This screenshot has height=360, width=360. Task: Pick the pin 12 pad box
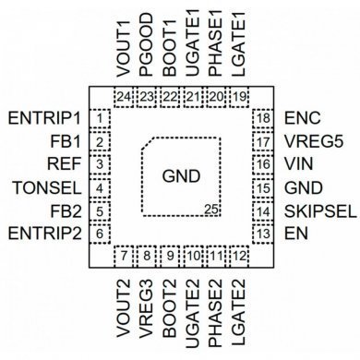tap(239, 256)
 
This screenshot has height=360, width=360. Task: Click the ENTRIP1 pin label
tap(44, 119)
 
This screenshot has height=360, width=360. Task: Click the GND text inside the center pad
tap(180, 175)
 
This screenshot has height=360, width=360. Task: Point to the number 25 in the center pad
tap(212, 210)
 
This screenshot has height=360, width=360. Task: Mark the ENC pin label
tap(301, 119)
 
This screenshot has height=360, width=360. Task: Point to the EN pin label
tap(294, 234)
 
